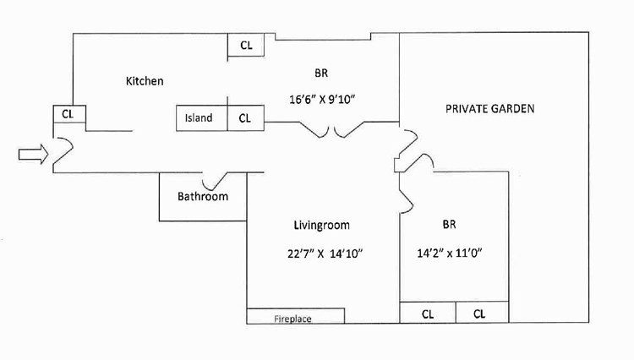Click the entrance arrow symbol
click(33, 154)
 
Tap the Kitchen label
click(145, 81)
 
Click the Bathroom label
click(203, 196)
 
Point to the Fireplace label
click(292, 319)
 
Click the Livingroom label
click(322, 225)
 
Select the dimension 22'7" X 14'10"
click(325, 254)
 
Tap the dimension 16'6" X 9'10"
click(322, 99)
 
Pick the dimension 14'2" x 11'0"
click(450, 253)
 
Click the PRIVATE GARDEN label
click(489, 109)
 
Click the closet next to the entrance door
click(69, 114)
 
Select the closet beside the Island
click(246, 118)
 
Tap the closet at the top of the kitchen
click(246, 45)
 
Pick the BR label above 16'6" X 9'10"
click(321, 74)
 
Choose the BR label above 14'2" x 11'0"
click(449, 224)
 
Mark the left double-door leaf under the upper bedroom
click(314, 130)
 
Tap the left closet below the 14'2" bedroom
click(428, 313)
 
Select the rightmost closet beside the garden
click(482, 313)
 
